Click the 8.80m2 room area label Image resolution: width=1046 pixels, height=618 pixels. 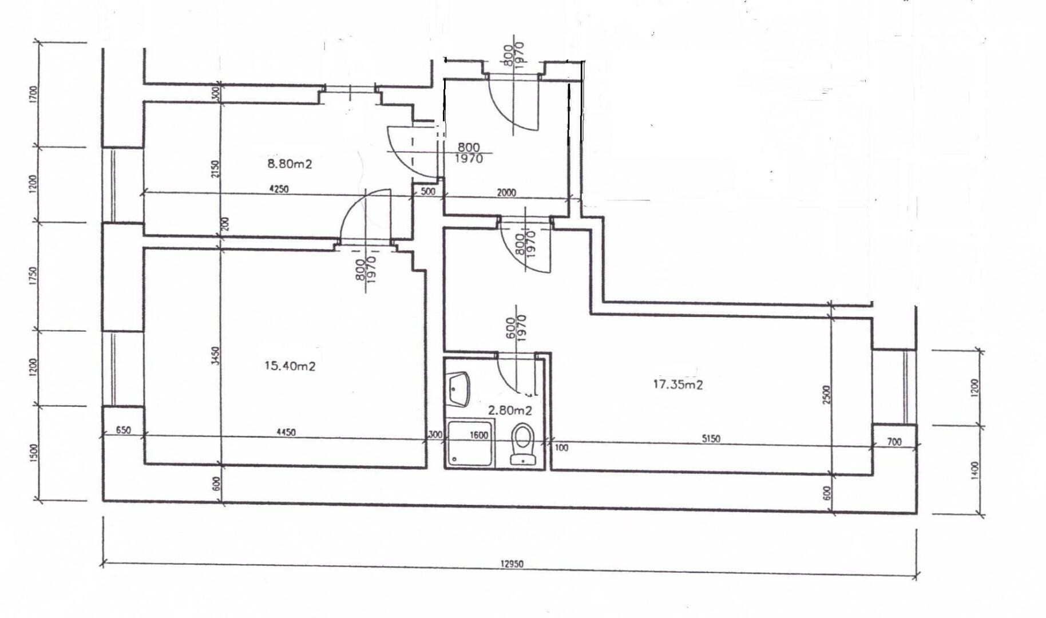pyautogui.click(x=290, y=164)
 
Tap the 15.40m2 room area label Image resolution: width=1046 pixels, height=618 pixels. pyautogui.click(x=290, y=366)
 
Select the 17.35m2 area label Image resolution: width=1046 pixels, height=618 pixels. pyautogui.click(x=678, y=385)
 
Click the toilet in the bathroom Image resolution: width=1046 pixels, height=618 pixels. pyautogui.click(x=522, y=443)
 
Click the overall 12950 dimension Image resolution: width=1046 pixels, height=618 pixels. pyautogui.click(x=512, y=564)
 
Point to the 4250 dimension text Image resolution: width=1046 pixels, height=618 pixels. pyautogui.click(x=279, y=189)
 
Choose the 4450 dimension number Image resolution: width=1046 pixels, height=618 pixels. pyautogui.click(x=286, y=433)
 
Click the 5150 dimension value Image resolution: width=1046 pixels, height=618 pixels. pyautogui.click(x=711, y=439)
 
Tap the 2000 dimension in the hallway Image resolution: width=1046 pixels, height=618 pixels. pyautogui.click(x=506, y=193)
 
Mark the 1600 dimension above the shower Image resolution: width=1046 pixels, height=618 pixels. pyautogui.click(x=479, y=435)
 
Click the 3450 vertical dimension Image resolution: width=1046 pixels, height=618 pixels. pyautogui.click(x=215, y=358)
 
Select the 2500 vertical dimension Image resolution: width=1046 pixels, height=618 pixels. pyautogui.click(x=826, y=395)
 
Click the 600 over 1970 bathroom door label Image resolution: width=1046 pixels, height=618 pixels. pyautogui.click(x=516, y=328)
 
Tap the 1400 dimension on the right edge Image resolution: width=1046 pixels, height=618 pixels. pyautogui.click(x=975, y=470)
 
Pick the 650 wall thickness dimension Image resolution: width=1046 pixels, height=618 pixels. pyautogui.click(x=123, y=430)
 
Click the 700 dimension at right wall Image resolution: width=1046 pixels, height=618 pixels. pyautogui.click(x=894, y=442)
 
